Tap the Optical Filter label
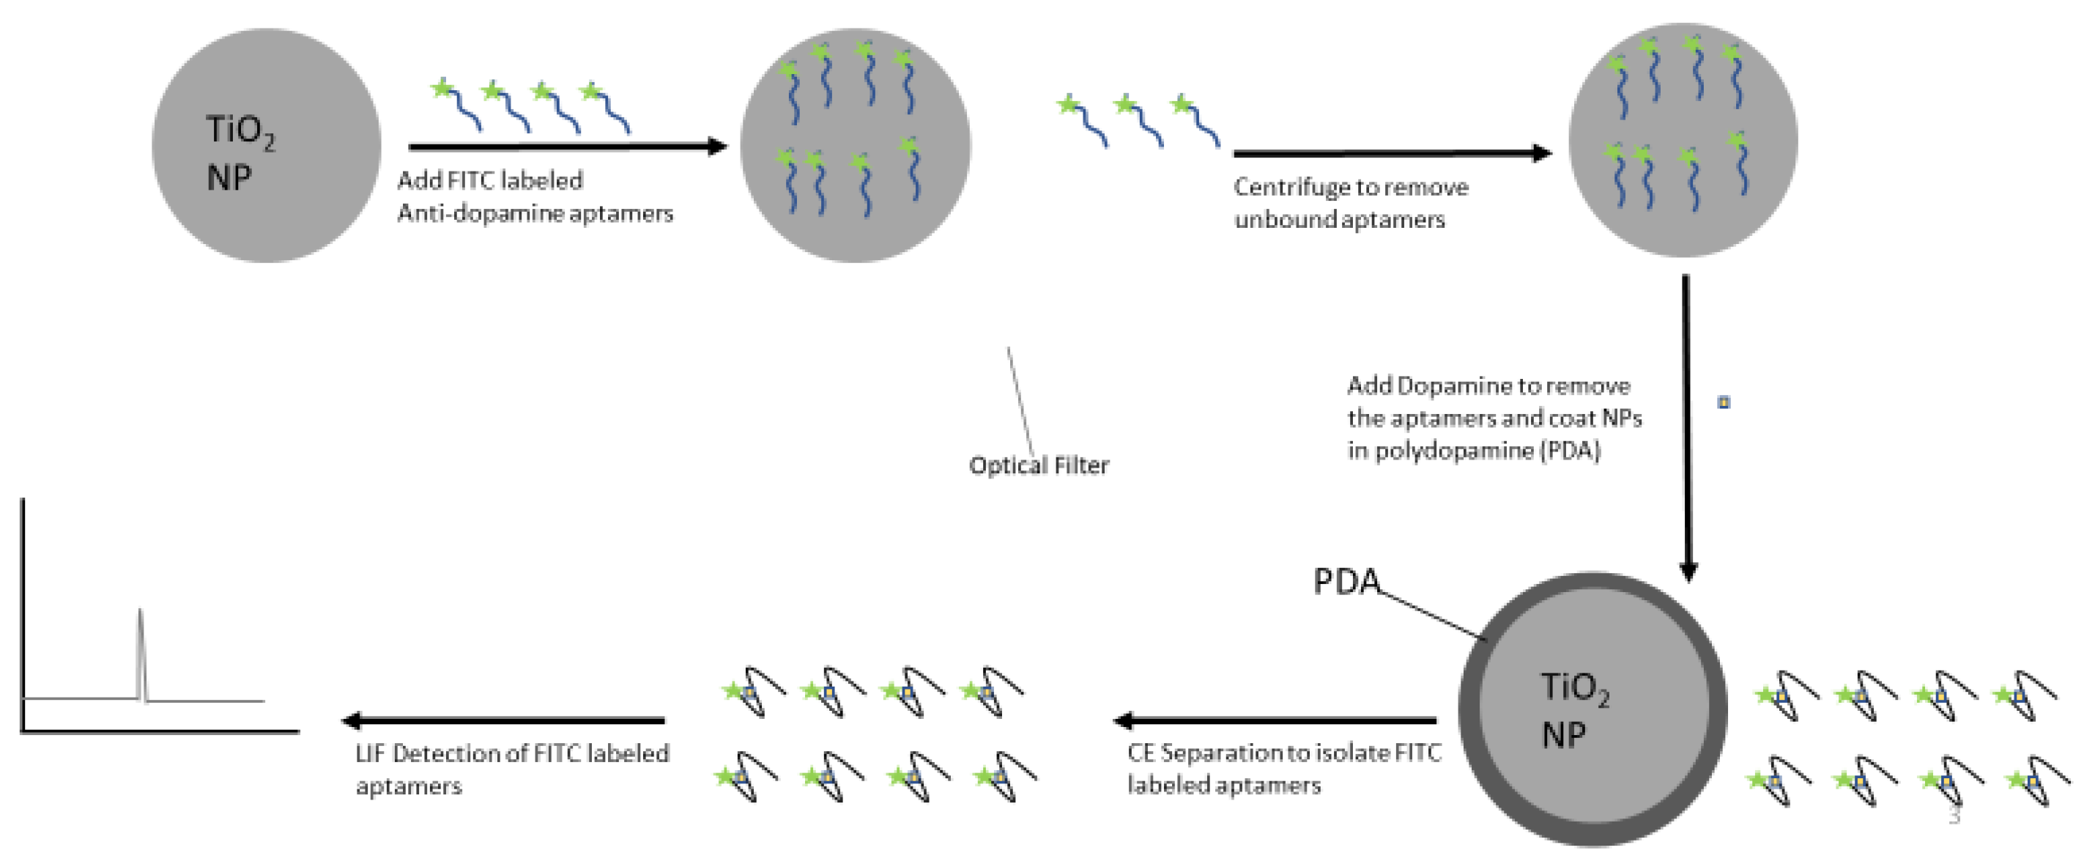tap(1039, 465)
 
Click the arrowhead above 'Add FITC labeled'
tap(716, 147)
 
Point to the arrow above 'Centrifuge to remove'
tap(1391, 153)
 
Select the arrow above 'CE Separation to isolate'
tap(1277, 720)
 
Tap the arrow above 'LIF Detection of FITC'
tap(504, 720)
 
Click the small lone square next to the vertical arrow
tap(1724, 402)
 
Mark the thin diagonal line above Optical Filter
tap(1020, 403)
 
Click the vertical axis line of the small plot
tap(23, 610)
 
